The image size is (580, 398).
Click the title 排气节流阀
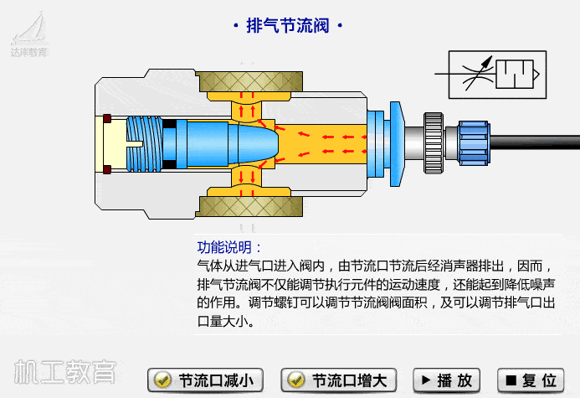pyautogui.click(x=287, y=25)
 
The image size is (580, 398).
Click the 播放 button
pyautogui.click(x=449, y=380)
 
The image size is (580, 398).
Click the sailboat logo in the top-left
pyautogui.click(x=28, y=30)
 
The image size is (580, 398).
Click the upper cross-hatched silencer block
pyautogui.click(x=244, y=82)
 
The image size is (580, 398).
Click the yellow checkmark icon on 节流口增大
pyautogui.click(x=295, y=380)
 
